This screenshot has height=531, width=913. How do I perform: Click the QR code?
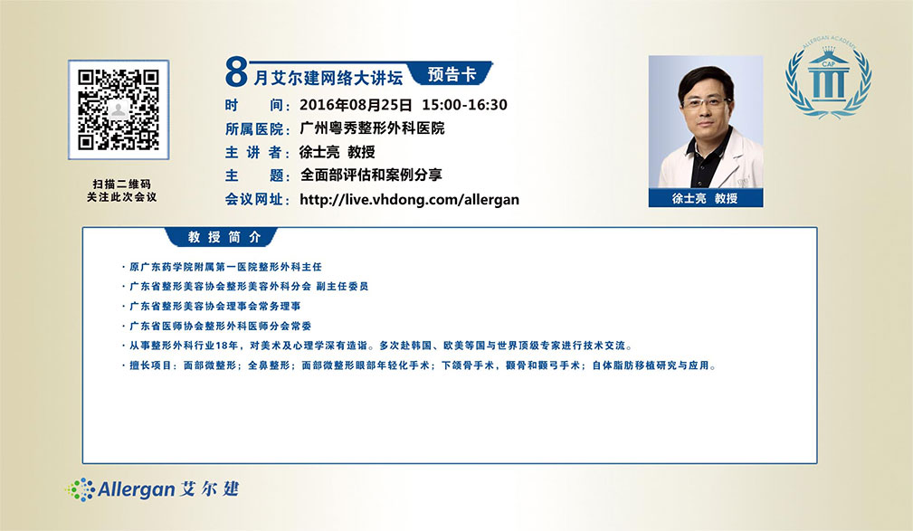pos(119,109)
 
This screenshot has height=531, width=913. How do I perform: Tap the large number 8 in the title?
pos(236,72)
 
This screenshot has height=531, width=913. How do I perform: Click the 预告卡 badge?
pos(452,74)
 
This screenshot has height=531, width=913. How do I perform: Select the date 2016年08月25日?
pos(356,105)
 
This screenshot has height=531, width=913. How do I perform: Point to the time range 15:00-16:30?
pos(465,105)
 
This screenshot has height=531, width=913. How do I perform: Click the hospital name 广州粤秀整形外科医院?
pos(372,128)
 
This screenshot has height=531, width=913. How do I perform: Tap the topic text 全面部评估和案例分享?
pos(371,175)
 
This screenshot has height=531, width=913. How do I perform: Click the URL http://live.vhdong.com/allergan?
pos(409,199)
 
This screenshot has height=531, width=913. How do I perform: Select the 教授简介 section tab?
pos(223,237)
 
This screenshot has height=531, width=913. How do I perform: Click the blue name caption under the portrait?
pos(706,198)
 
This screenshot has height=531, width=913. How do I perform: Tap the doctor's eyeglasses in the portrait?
pos(705,104)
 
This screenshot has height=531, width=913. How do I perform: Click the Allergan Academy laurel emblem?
pos(829,78)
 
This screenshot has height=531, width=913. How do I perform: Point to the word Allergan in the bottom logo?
pos(137,489)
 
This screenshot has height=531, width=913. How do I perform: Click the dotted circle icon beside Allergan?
pos(80,489)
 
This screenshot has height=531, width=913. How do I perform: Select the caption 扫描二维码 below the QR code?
pos(121,184)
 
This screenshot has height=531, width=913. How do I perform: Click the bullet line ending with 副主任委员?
pos(245,287)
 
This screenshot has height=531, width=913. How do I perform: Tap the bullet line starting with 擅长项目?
pos(419,365)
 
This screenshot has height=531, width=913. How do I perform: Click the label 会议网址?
pos(257,199)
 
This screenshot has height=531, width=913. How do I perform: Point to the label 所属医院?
pos(257,128)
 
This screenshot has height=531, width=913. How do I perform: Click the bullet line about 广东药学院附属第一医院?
pos(222,267)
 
